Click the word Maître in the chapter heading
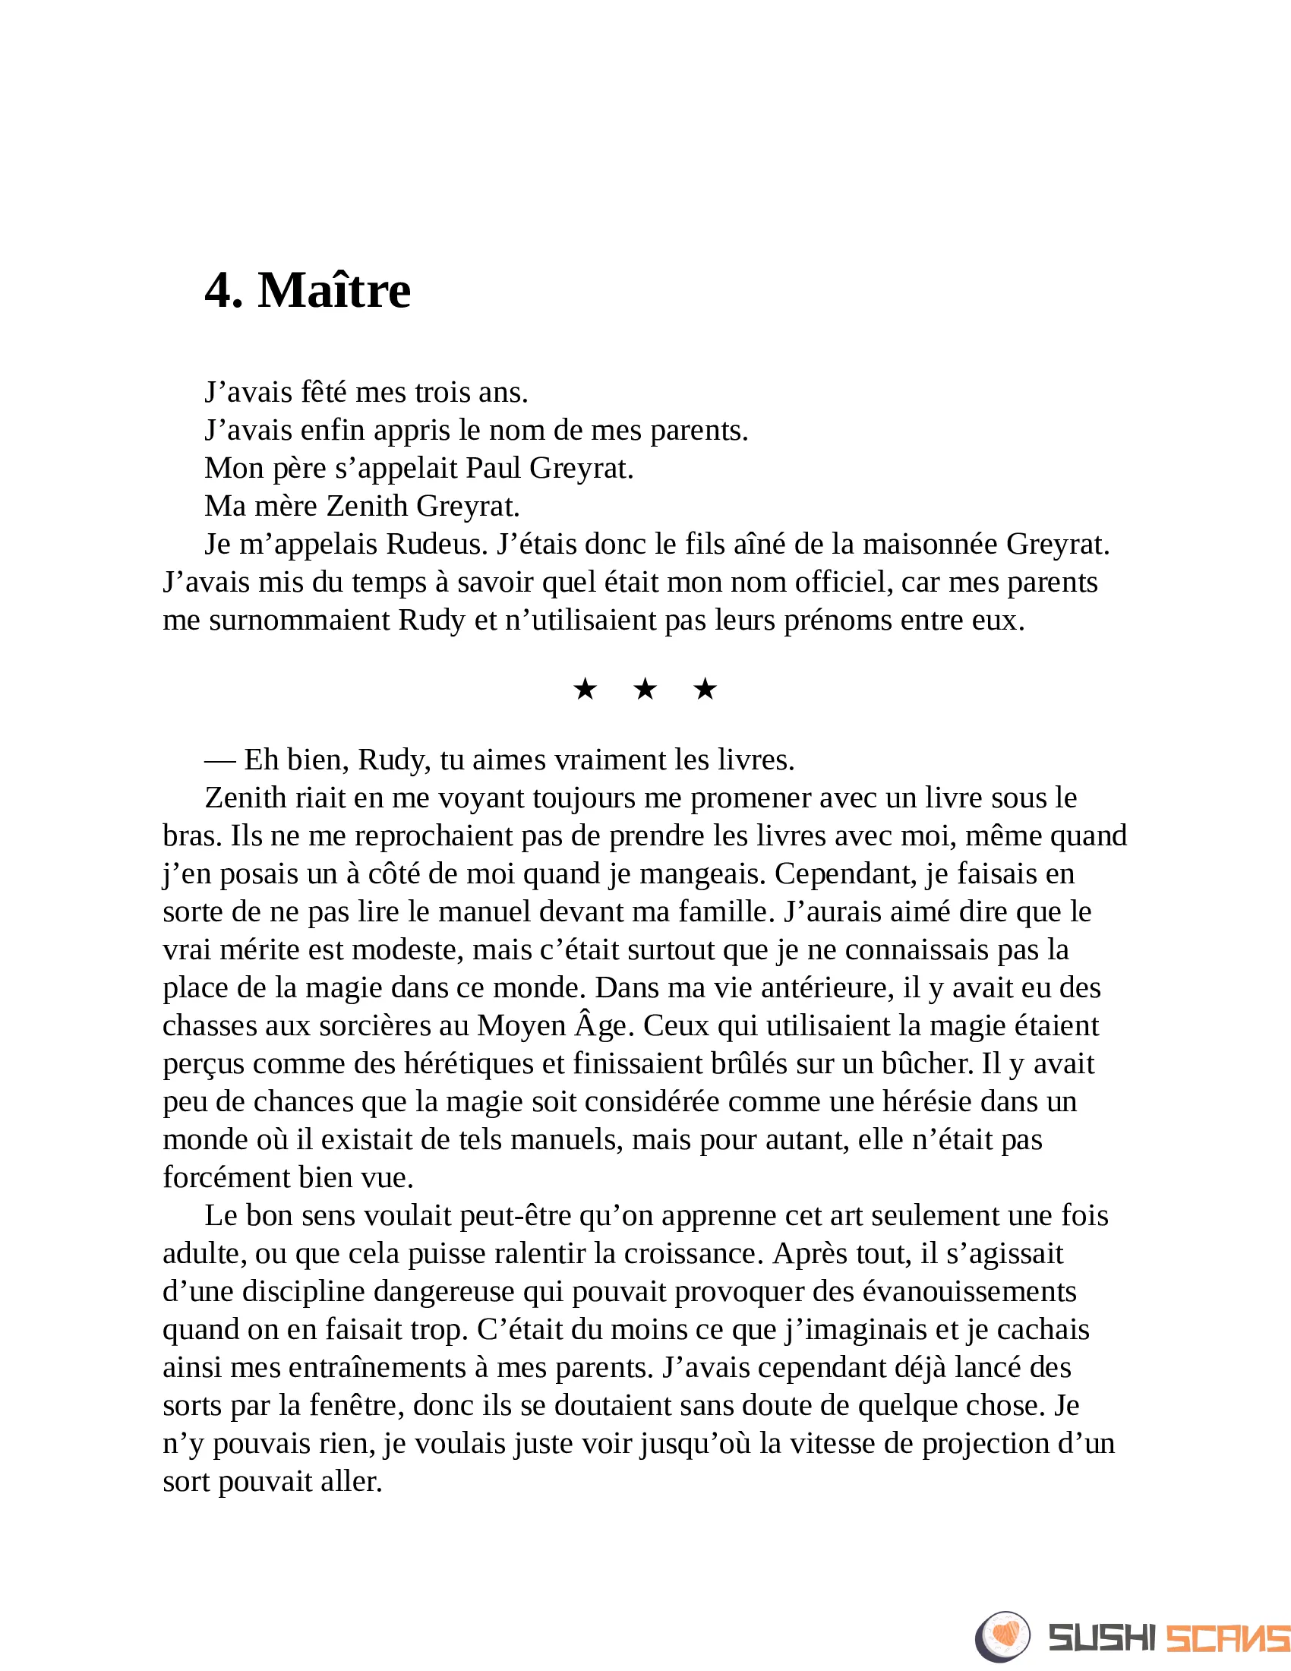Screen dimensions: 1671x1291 click(x=334, y=291)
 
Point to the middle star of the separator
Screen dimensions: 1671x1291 click(x=645, y=690)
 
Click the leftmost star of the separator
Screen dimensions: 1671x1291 click(x=585, y=690)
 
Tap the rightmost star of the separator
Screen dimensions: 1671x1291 click(x=705, y=690)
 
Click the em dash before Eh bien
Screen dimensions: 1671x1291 click(x=219, y=760)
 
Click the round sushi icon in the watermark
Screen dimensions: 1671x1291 click(x=1002, y=1637)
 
